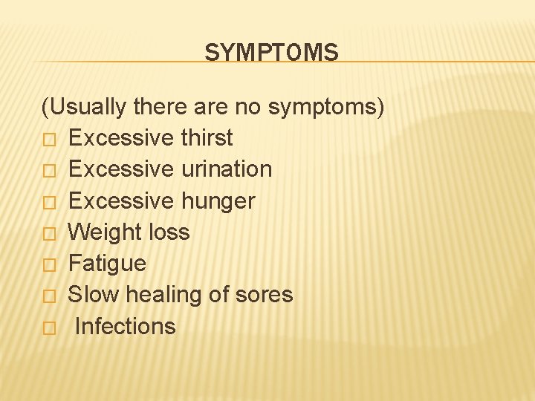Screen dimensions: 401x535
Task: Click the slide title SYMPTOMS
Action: click(x=271, y=53)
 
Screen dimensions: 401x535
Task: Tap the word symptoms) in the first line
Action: click(x=326, y=108)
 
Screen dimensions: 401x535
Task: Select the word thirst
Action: click(x=206, y=138)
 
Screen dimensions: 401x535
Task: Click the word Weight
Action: click(x=101, y=232)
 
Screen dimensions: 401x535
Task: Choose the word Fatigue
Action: click(x=107, y=264)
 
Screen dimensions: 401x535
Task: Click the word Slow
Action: click(x=94, y=295)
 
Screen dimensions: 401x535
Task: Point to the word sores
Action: click(x=263, y=295)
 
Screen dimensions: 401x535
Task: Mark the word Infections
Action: click(x=126, y=327)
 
